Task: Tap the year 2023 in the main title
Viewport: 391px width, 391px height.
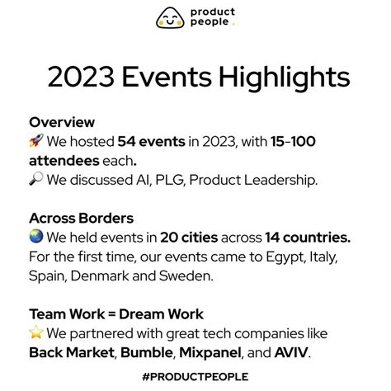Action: point(82,78)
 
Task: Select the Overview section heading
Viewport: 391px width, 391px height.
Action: point(61,121)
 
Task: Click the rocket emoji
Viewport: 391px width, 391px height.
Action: point(35,141)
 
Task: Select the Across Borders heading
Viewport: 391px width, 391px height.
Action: point(81,218)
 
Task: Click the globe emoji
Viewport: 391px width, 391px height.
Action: point(35,238)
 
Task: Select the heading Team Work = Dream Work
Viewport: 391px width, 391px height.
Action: point(115,314)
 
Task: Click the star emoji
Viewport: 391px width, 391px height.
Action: point(35,334)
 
